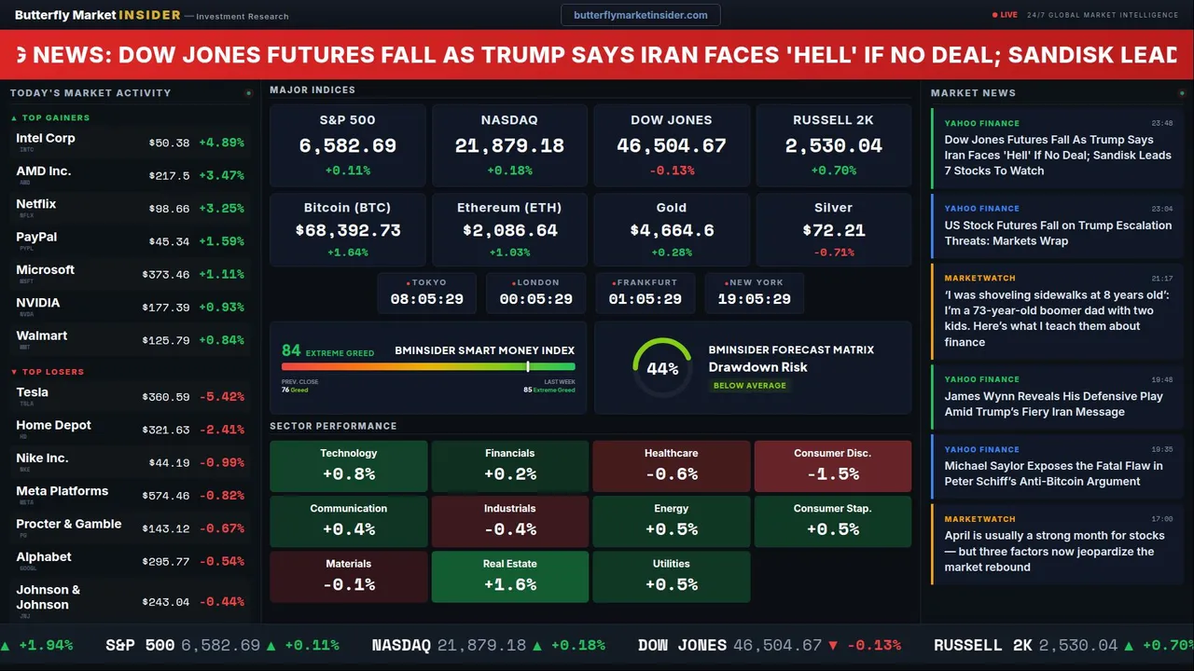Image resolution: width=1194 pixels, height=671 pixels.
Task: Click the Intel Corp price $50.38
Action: (169, 143)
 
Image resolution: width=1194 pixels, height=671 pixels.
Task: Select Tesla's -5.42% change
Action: (222, 397)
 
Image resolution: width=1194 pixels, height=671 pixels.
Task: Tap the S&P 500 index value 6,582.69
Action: (347, 146)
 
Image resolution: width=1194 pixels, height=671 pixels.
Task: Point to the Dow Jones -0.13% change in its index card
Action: (672, 171)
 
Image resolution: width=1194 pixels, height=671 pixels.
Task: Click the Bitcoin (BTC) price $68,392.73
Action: (347, 230)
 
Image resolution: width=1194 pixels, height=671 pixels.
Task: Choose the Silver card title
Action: (833, 208)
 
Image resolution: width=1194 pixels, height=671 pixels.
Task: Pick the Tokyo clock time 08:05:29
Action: (426, 299)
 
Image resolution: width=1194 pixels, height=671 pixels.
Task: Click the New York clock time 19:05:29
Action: (754, 299)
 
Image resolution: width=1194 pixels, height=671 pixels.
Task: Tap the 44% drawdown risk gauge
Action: (662, 368)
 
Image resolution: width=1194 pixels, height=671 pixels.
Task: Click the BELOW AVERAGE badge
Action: (749, 385)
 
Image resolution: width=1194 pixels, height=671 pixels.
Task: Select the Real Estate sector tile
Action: (509, 576)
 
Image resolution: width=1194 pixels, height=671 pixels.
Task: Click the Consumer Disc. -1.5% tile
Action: (832, 466)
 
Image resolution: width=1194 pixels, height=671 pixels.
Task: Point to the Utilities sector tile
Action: (671, 576)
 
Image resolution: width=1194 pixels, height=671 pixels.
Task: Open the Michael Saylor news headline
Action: (1053, 473)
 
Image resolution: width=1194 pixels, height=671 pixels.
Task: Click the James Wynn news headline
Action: (1053, 404)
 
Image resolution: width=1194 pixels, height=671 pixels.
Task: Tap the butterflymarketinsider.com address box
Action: (640, 15)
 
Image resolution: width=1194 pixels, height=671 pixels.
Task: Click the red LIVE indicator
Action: (1006, 15)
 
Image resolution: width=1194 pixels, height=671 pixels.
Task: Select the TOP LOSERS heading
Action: (52, 372)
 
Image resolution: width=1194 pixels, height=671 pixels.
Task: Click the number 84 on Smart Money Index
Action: (291, 350)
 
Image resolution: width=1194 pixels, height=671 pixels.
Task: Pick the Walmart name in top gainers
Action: (42, 335)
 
